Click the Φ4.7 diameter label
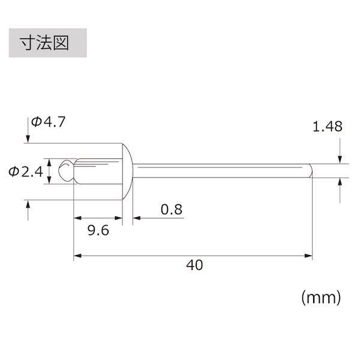point(48,122)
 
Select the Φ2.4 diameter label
point(26,172)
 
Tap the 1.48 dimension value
point(328,127)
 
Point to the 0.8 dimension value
point(171,209)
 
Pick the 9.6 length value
point(98,230)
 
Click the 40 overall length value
point(194,265)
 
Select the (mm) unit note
point(321,298)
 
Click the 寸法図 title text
point(44,43)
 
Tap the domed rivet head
point(127,172)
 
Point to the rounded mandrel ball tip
point(65,171)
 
